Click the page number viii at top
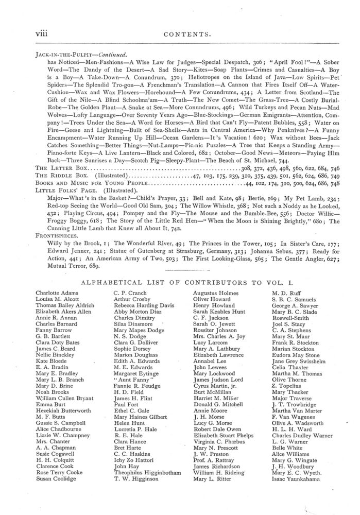coord(42,34)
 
